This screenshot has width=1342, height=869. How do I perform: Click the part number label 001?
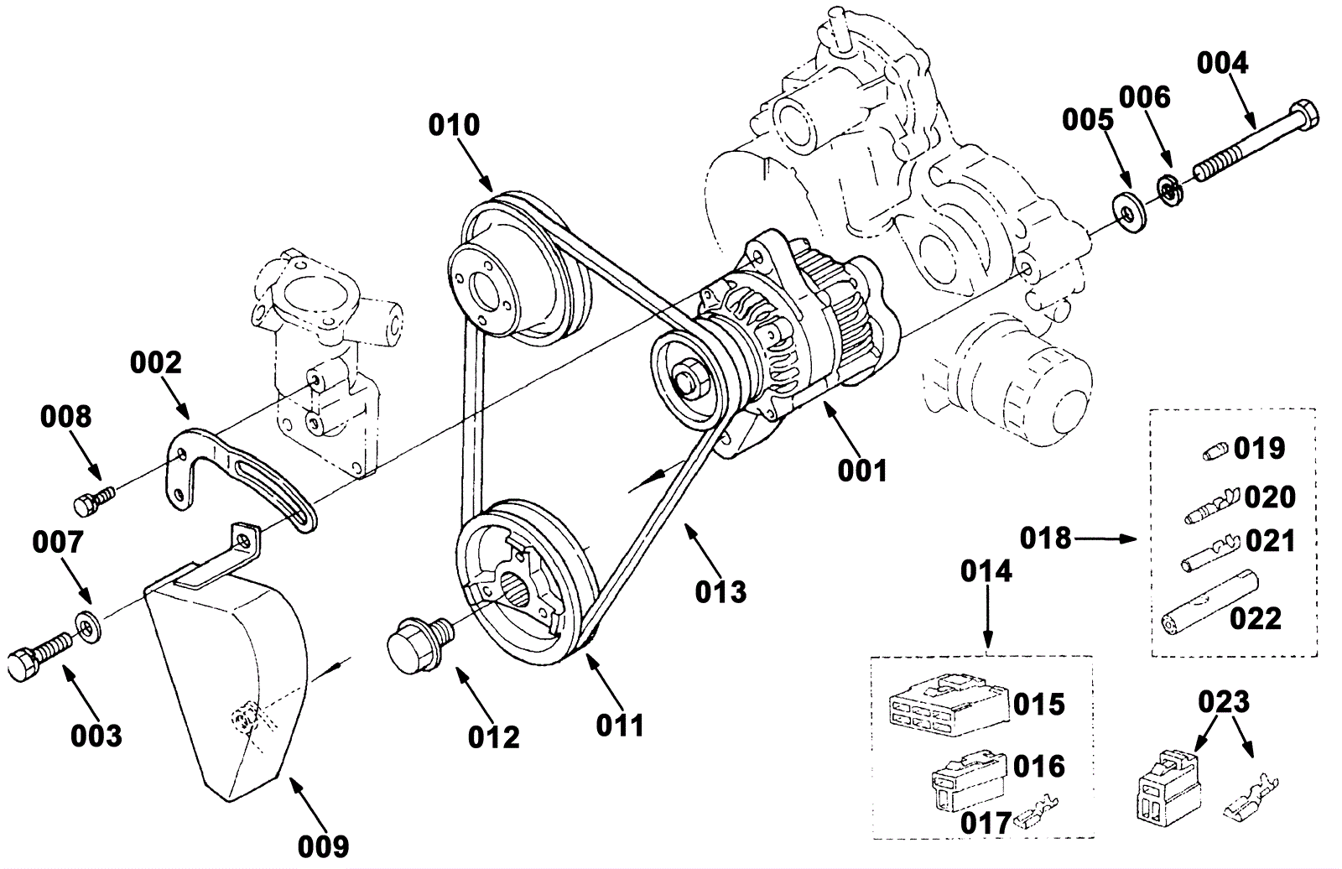tap(862, 471)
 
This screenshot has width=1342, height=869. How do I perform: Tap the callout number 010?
tap(454, 126)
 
